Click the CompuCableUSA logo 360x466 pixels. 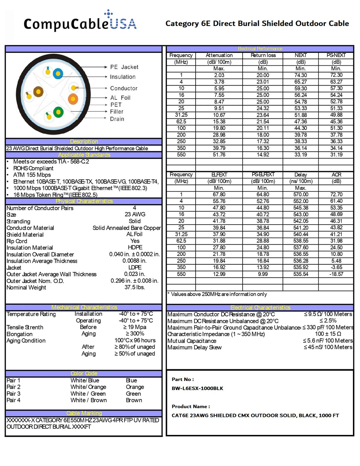[x=80, y=22]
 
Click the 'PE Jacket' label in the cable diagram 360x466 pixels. [x=124, y=67]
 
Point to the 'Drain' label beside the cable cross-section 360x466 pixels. [x=117, y=119]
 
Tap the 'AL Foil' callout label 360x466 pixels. [x=120, y=98]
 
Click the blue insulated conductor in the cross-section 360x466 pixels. [x=58, y=73]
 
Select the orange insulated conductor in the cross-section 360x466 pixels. [x=73, y=99]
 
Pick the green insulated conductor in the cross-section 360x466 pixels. [x=58, y=112]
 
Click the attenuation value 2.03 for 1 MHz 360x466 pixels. [x=219, y=75]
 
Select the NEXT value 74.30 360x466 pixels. [x=301, y=75]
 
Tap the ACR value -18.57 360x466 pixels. [x=336, y=274]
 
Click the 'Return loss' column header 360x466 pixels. [x=263, y=55]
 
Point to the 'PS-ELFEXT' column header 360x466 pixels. [x=263, y=175]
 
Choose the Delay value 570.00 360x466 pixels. [x=301, y=194]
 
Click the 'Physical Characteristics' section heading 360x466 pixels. [x=84, y=201]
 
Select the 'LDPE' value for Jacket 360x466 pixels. [x=135, y=267]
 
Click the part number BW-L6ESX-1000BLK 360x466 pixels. [x=197, y=388]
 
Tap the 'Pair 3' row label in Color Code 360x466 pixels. [x=14, y=394]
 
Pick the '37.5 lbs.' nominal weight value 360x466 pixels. [x=135, y=287]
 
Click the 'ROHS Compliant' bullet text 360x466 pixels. [x=33, y=168]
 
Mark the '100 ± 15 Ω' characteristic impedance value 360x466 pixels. [x=328, y=334]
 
